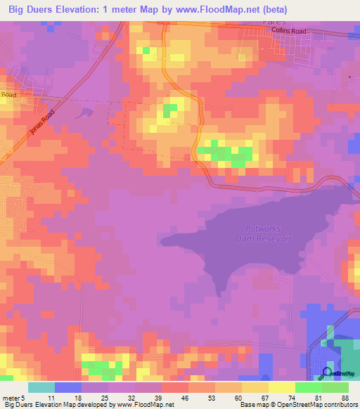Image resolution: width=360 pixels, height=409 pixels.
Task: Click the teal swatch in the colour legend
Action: pos(41,387)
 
